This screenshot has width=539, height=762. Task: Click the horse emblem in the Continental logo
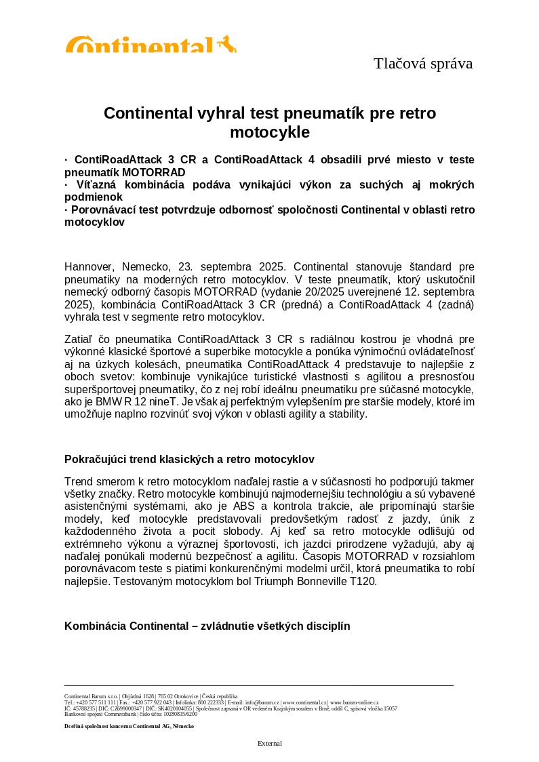(227, 44)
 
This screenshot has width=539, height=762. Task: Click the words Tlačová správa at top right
(422, 64)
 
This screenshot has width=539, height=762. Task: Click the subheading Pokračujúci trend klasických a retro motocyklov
(189, 460)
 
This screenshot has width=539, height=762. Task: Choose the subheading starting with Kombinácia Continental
(207, 626)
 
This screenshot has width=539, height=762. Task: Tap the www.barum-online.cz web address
(354, 702)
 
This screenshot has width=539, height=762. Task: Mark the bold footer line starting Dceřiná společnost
(129, 726)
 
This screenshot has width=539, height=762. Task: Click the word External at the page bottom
(269, 744)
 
